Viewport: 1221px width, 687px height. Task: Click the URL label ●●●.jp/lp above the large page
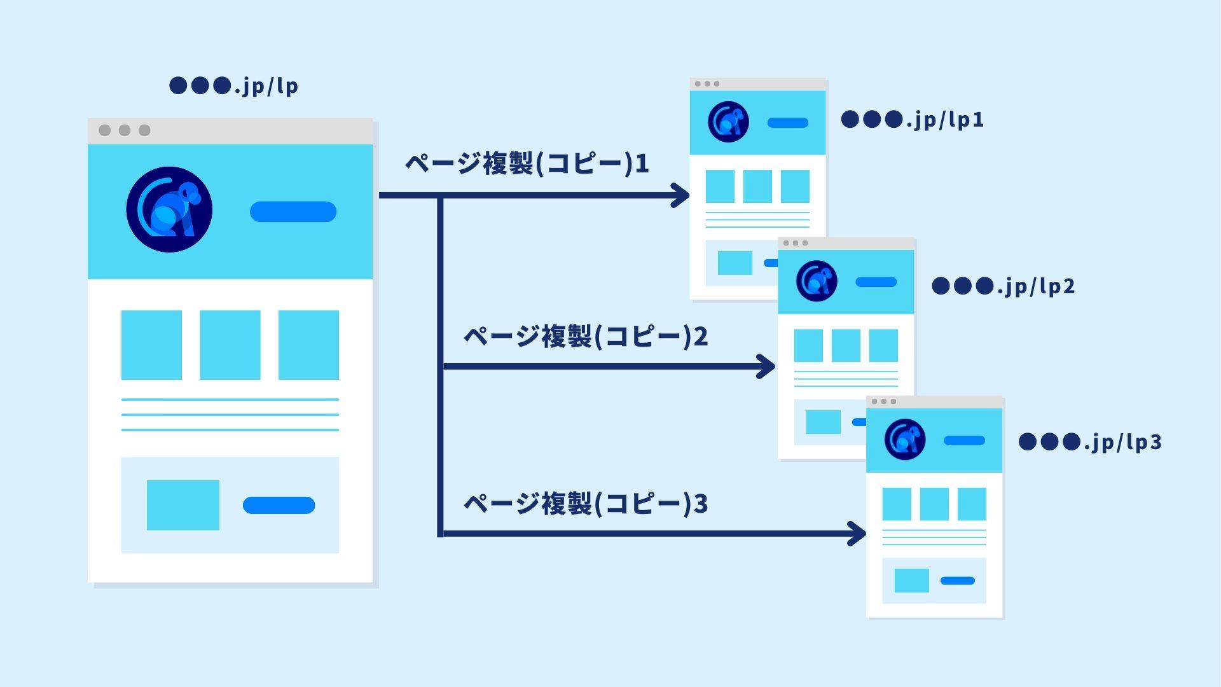[x=233, y=86]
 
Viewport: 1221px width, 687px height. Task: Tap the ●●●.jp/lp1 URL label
[x=913, y=120]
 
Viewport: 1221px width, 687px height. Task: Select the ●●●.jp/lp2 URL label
[x=1004, y=286]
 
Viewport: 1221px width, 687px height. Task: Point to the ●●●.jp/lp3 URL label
[x=1090, y=442]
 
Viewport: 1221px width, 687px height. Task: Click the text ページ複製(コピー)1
[x=527, y=164]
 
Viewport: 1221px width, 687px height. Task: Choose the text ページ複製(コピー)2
[x=585, y=337]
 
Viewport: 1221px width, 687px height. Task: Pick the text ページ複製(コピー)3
[x=585, y=504]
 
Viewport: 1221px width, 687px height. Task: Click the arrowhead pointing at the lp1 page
[x=682, y=195]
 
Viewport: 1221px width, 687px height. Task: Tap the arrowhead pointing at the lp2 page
[x=767, y=366]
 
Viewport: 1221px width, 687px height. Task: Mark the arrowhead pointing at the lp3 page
[x=858, y=533]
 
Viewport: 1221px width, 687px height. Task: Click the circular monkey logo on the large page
[x=169, y=209]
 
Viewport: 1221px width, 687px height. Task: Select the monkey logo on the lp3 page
[x=904, y=440]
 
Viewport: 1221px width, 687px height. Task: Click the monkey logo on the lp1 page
[x=728, y=121]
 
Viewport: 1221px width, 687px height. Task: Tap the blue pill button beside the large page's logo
[x=293, y=212]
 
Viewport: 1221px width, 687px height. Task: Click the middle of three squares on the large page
[x=230, y=345]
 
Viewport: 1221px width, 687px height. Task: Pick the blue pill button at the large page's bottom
[x=279, y=505]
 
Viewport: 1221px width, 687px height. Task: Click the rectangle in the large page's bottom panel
[x=183, y=505]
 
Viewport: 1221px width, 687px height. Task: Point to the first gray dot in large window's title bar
[x=105, y=130]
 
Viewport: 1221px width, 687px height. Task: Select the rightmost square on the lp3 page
[x=972, y=504]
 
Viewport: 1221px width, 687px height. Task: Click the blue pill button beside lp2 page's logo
[x=876, y=282]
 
